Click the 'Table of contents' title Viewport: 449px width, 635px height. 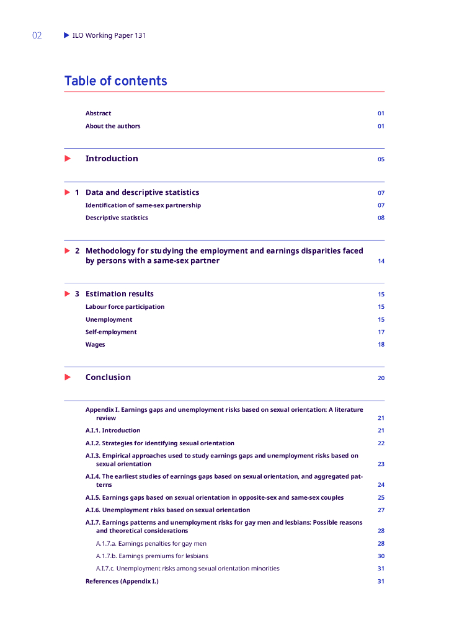tap(115, 81)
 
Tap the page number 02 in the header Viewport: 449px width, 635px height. tap(37, 35)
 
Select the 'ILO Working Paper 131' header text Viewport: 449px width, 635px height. tap(109, 35)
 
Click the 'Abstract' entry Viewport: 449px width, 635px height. tap(98, 113)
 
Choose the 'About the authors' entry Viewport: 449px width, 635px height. tap(113, 126)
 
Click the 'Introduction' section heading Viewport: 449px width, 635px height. tap(112, 159)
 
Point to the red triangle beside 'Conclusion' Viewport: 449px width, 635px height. tap(68, 377)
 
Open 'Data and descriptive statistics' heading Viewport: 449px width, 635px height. tap(142, 192)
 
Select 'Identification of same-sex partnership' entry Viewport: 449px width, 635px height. tap(143, 205)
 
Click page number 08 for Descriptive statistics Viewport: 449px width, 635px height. tap(381, 218)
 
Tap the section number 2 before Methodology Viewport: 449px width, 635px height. tap(77, 251)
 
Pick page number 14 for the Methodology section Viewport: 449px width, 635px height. tap(381, 261)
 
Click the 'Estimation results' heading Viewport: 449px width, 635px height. tap(119, 294)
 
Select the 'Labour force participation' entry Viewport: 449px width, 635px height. tap(125, 307)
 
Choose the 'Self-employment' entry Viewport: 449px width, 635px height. tap(111, 332)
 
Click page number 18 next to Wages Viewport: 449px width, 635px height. tap(381, 345)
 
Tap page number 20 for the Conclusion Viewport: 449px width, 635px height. tap(381, 378)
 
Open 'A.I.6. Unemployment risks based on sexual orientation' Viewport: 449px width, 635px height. tap(167, 510)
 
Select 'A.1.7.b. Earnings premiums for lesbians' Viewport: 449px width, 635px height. tap(152, 556)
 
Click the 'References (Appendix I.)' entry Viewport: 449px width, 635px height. tap(122, 581)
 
